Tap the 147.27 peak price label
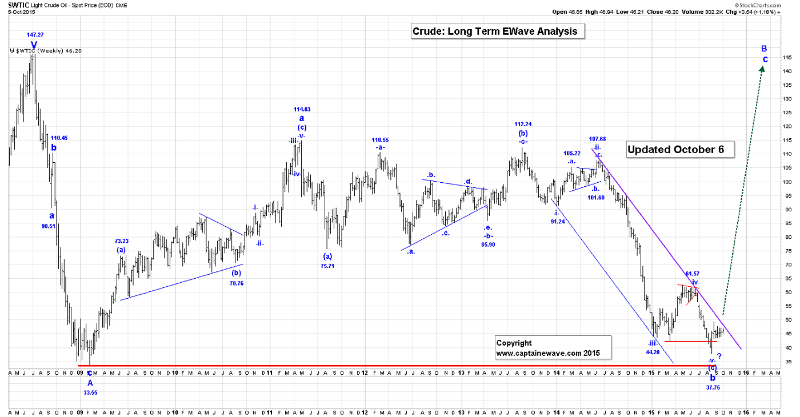(x=35, y=35)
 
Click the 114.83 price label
(x=302, y=109)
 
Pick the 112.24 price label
(x=523, y=124)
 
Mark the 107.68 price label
(x=597, y=139)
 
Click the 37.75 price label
(x=713, y=387)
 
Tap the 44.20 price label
(x=653, y=352)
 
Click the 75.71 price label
(x=328, y=266)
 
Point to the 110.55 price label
(x=380, y=139)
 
